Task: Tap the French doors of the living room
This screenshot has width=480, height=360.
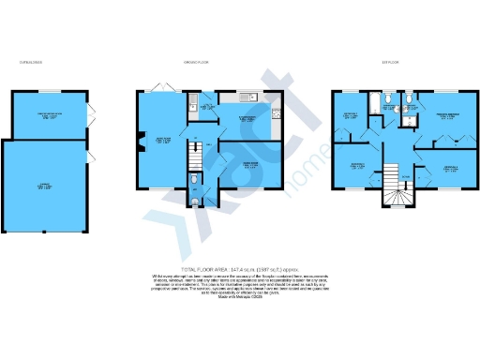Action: point(165,90)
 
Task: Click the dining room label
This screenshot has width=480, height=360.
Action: point(250,166)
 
